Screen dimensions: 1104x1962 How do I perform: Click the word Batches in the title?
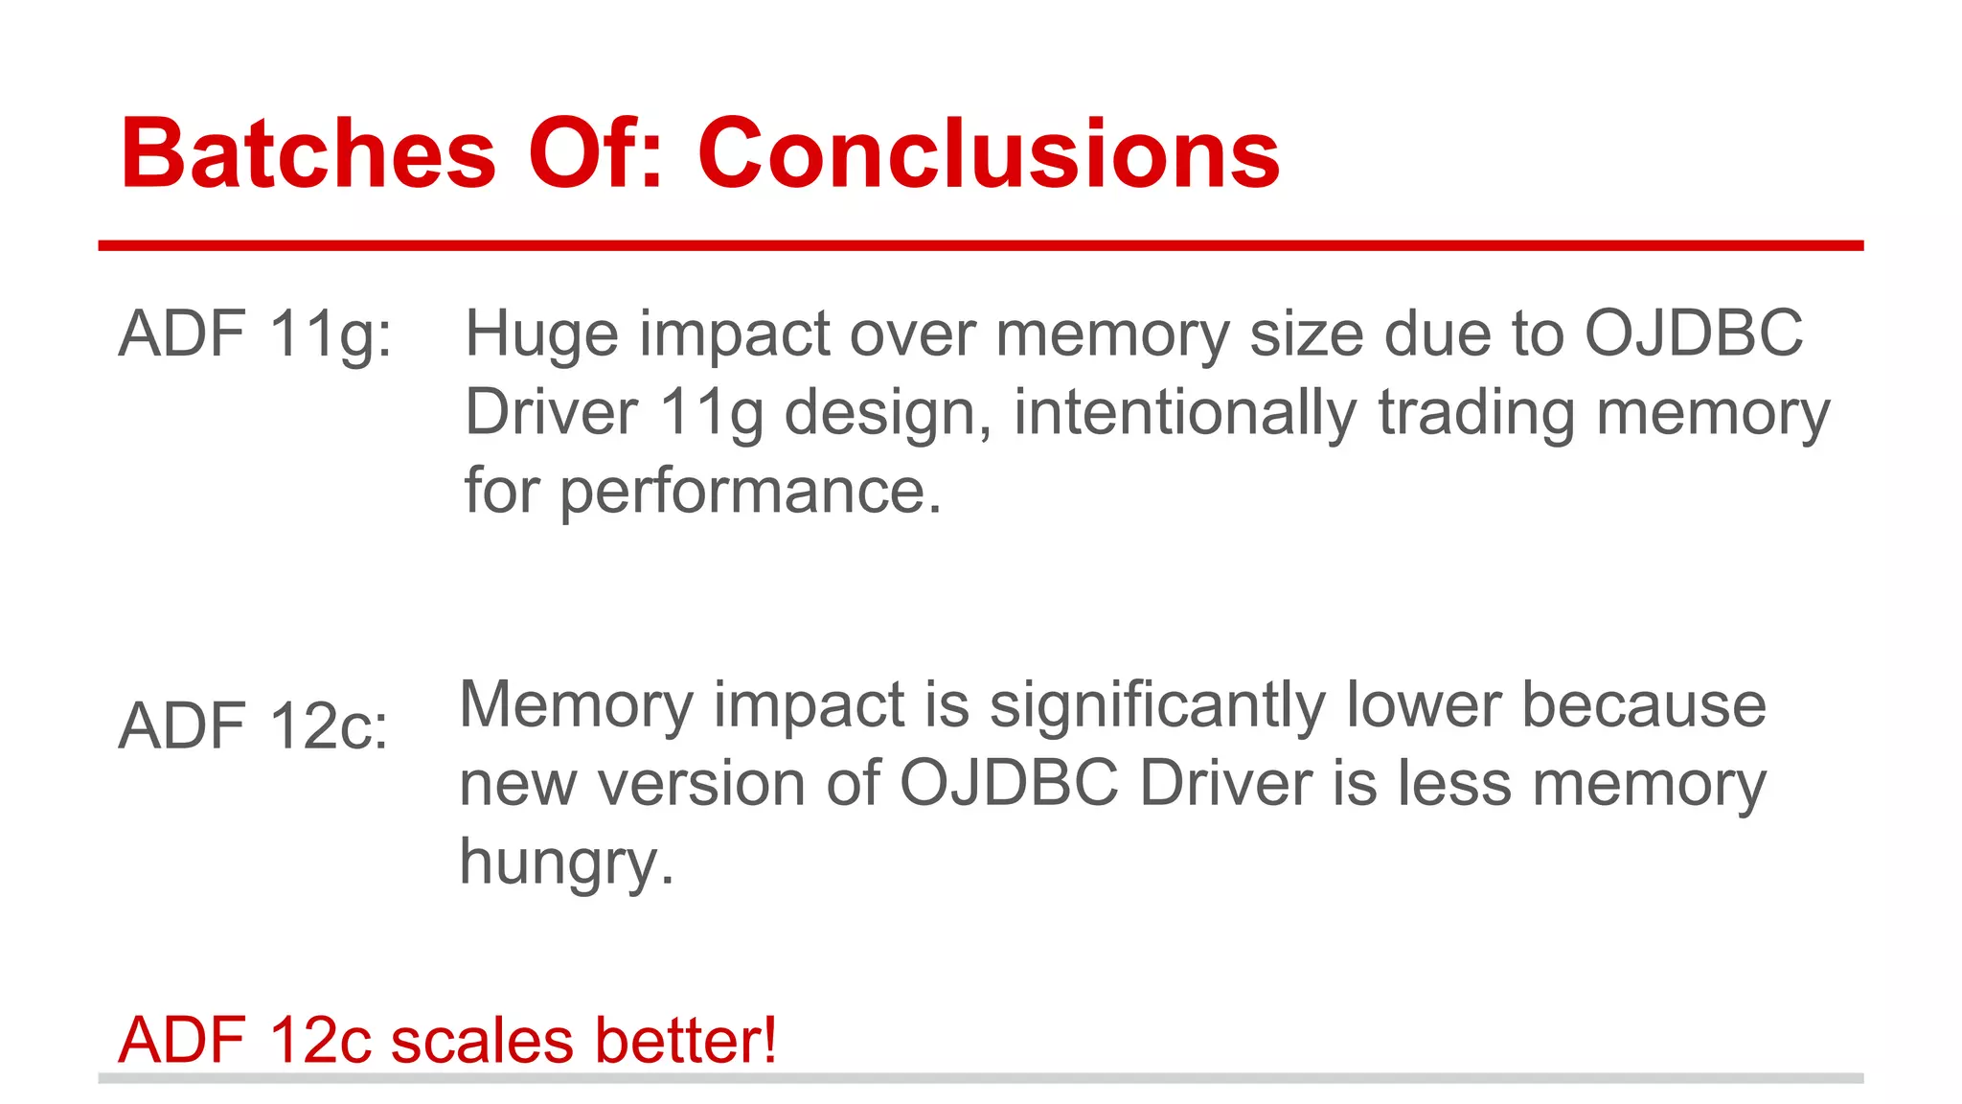click(308, 153)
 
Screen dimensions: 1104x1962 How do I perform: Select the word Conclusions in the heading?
click(988, 153)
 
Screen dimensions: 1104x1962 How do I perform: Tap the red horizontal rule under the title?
click(980, 246)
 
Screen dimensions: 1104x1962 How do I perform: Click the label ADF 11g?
click(255, 334)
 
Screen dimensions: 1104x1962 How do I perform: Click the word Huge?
click(541, 334)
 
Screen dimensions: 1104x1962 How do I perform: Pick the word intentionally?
click(1185, 413)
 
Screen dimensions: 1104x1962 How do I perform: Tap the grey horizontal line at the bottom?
click(980, 1078)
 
